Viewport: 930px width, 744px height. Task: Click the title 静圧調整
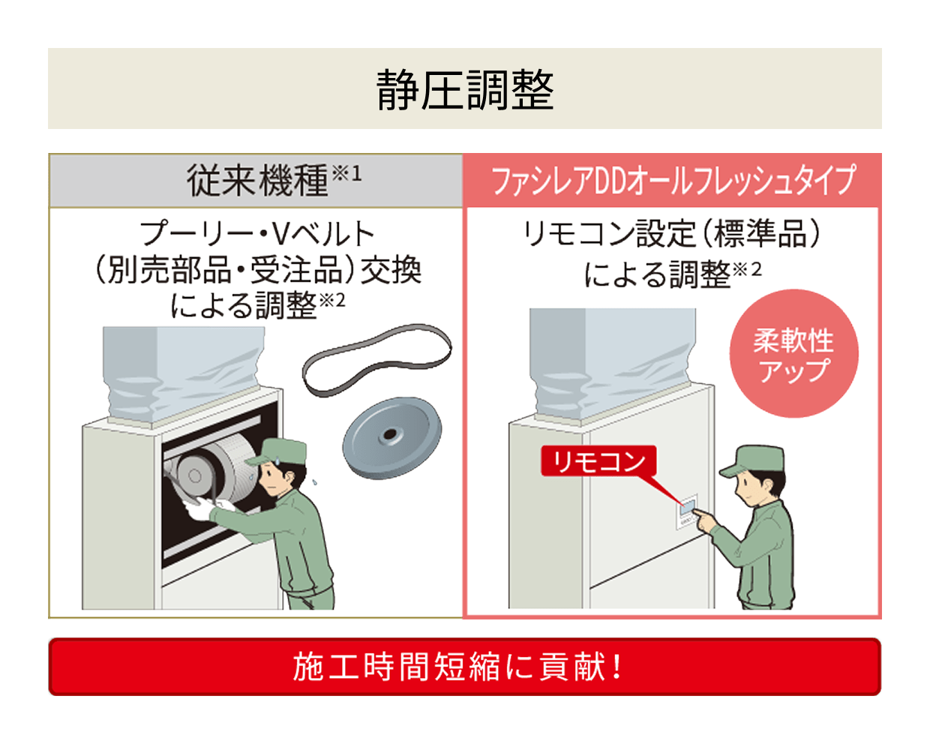pos(464,90)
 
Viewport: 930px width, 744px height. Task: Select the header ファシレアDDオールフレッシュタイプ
pos(673,181)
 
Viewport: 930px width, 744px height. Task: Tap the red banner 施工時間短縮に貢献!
pos(464,667)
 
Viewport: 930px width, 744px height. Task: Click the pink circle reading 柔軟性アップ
pos(793,354)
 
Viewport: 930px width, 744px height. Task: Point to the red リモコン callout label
pos(598,461)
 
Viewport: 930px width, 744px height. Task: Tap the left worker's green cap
pos(279,451)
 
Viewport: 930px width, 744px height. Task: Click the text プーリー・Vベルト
pos(257,234)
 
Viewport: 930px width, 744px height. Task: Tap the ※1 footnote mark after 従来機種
pos(347,173)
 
